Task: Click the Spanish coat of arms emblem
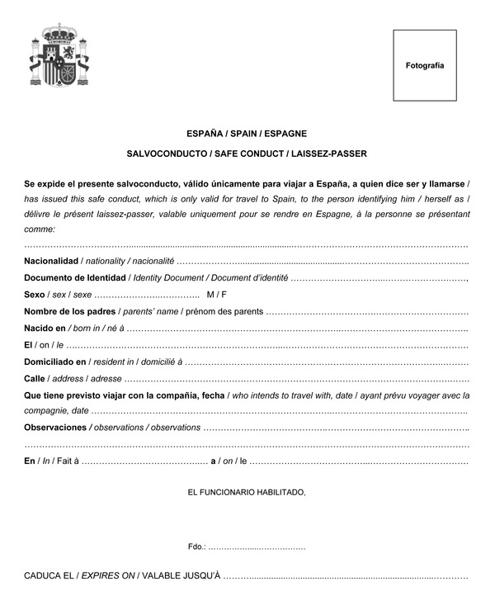59,58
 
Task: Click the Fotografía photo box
424,65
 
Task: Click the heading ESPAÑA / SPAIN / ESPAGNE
247,133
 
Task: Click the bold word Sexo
35,295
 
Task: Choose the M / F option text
216,295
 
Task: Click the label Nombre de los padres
70,311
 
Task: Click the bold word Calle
35,379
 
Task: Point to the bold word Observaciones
55,428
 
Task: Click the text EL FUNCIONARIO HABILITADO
247,493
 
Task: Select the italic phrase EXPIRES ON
107,574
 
